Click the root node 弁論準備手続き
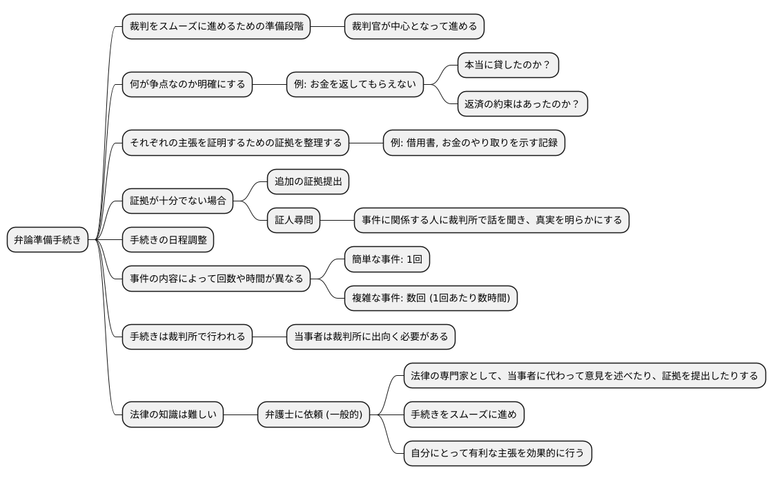48,240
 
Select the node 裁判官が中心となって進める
414,27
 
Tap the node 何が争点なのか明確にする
187,85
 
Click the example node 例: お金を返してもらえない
355,85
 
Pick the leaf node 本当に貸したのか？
507,66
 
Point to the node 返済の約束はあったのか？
522,104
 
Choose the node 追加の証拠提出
308,182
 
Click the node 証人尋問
293,221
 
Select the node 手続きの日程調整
168,240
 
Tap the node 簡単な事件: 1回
386,259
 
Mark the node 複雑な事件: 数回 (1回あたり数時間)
431,298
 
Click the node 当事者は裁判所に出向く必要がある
371,337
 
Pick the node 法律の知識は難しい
173,414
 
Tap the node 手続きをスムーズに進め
464,414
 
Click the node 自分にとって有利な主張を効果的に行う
497,453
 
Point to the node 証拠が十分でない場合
177,201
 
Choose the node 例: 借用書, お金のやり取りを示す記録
473,143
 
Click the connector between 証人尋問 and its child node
337,221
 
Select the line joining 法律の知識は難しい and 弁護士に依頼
240,414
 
